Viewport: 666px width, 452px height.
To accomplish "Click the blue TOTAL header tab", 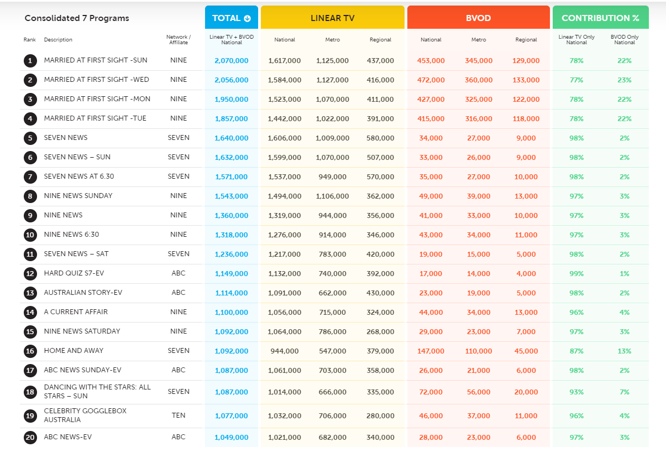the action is [x=232, y=17].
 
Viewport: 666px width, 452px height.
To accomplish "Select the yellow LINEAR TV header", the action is [x=332, y=17].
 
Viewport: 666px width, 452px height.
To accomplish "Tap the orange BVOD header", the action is [x=479, y=17].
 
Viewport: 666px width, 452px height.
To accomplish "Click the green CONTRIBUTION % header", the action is [x=601, y=17].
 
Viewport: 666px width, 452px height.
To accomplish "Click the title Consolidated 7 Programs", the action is [x=77, y=18].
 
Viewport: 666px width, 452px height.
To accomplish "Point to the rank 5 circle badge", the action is [x=30, y=138].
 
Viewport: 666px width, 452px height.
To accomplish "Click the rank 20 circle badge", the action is [x=30, y=438].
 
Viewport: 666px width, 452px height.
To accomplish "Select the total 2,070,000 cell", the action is [x=232, y=61].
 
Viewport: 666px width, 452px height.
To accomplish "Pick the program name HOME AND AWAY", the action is [x=74, y=351].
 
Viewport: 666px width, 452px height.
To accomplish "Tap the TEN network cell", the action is [x=179, y=415].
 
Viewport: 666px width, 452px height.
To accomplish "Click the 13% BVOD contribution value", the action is [x=625, y=351].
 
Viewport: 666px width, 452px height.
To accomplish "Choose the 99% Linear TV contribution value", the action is [x=576, y=274].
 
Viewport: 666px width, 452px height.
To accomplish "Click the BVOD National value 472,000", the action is [x=431, y=80].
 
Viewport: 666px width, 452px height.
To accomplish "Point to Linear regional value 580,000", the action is [x=380, y=138].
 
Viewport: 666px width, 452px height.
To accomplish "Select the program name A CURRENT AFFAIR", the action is [x=76, y=312].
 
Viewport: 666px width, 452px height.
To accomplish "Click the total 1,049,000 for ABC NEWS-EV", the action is [x=232, y=438].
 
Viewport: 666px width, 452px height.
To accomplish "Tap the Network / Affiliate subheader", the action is [x=179, y=40].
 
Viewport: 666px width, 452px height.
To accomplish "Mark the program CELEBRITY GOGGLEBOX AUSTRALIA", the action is [x=85, y=415].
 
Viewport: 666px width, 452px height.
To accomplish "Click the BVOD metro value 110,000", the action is [x=479, y=351].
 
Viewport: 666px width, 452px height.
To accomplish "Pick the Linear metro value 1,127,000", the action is [x=332, y=80].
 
